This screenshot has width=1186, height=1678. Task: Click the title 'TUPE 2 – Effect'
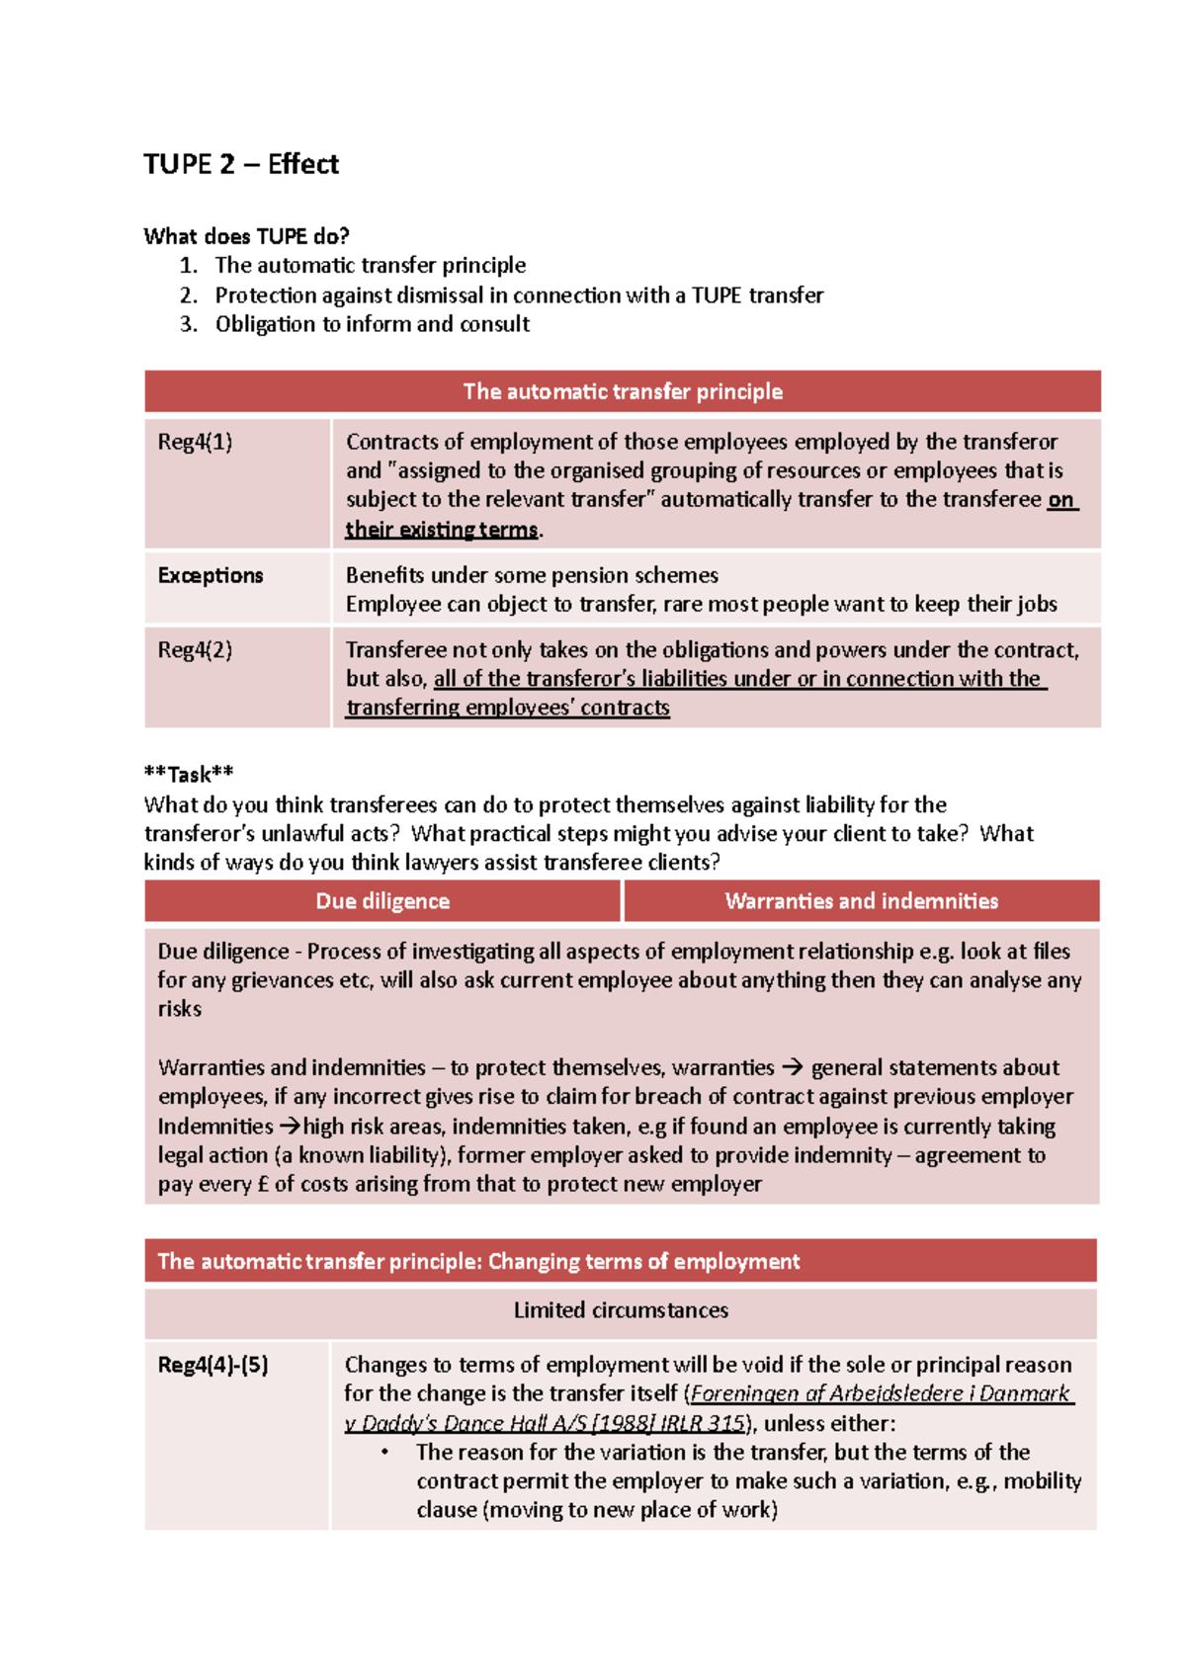click(x=240, y=164)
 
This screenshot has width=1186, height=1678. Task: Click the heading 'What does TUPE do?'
click(x=246, y=236)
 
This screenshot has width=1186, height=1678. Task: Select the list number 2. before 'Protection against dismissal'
click(x=189, y=295)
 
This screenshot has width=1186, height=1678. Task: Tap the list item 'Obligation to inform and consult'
click(x=372, y=324)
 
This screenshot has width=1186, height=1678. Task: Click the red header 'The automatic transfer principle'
click(x=623, y=391)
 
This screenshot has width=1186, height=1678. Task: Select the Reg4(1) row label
click(x=195, y=442)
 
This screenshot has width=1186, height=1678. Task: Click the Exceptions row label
click(x=211, y=575)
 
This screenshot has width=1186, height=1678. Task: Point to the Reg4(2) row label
click(x=195, y=650)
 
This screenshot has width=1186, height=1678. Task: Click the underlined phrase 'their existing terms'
click(x=441, y=530)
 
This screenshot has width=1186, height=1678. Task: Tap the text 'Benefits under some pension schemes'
click(x=532, y=575)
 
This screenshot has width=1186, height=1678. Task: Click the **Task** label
click(x=189, y=774)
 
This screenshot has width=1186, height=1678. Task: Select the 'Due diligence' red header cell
click(x=382, y=901)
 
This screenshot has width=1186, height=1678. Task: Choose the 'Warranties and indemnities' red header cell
click(x=861, y=901)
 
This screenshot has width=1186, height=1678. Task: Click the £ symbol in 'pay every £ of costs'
click(x=263, y=1184)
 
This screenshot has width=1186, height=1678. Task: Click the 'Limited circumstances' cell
click(x=621, y=1310)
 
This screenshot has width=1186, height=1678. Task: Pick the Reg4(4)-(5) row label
click(x=212, y=1365)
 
